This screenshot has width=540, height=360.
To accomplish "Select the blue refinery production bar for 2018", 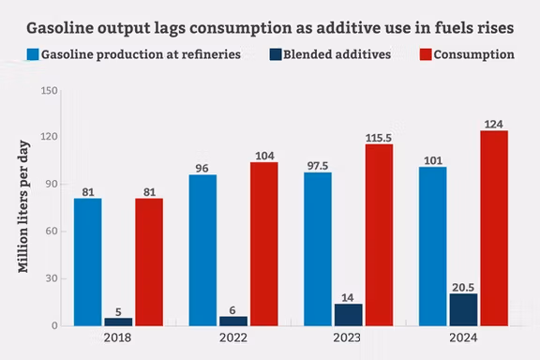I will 88,262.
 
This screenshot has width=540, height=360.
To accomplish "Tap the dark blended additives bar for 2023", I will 349,314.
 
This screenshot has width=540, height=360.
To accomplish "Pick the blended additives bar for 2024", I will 463,309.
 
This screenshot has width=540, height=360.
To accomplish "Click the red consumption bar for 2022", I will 263,244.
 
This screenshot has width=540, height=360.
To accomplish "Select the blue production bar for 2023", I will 318,248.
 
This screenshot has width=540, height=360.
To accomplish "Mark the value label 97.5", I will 318,164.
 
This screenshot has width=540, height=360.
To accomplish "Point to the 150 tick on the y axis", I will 51,91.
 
